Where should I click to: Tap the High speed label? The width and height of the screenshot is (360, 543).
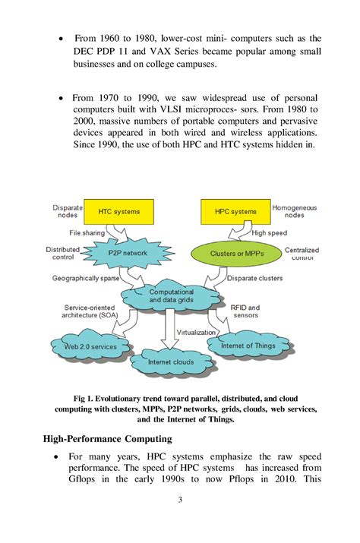270,232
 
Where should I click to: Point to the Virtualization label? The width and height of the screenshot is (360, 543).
197,332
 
